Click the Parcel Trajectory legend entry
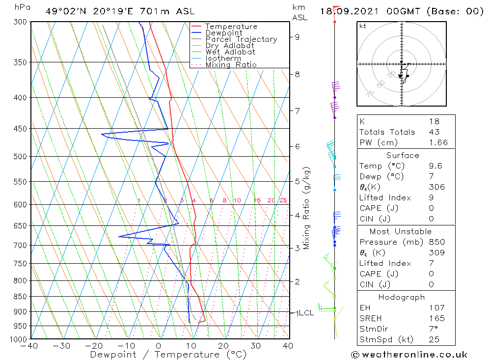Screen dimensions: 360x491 click(241, 39)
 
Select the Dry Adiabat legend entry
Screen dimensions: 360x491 click(230, 46)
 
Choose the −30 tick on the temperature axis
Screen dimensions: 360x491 click(62, 346)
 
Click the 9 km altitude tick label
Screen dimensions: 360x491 click(298, 37)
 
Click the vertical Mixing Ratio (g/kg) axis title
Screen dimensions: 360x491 click(306, 208)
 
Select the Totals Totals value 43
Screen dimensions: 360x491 click(434, 132)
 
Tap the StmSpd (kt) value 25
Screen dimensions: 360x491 click(434, 339)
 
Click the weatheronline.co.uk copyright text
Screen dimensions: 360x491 click(409, 355)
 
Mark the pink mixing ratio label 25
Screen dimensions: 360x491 click(283, 200)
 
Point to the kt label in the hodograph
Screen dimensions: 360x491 click(362, 26)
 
